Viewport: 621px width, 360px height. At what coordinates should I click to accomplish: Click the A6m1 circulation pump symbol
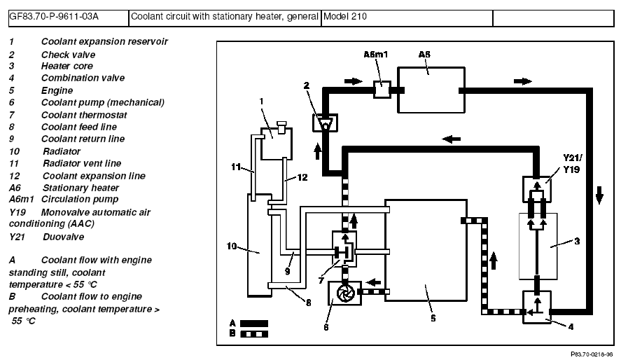pyautogui.click(x=382, y=90)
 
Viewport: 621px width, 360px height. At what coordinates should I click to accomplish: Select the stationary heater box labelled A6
pyautogui.click(x=430, y=89)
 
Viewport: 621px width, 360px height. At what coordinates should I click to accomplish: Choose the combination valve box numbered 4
pyautogui.click(x=537, y=307)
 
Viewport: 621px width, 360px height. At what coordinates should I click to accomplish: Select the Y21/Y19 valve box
pyautogui.click(x=537, y=188)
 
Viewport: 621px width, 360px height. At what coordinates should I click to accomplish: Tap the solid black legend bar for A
pyautogui.click(x=254, y=324)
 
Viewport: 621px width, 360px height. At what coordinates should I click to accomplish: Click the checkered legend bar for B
pyautogui.click(x=254, y=334)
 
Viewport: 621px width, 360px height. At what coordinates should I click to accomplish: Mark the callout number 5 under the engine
pyautogui.click(x=433, y=319)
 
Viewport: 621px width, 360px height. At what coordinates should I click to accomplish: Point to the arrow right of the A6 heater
pyautogui.click(x=522, y=81)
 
